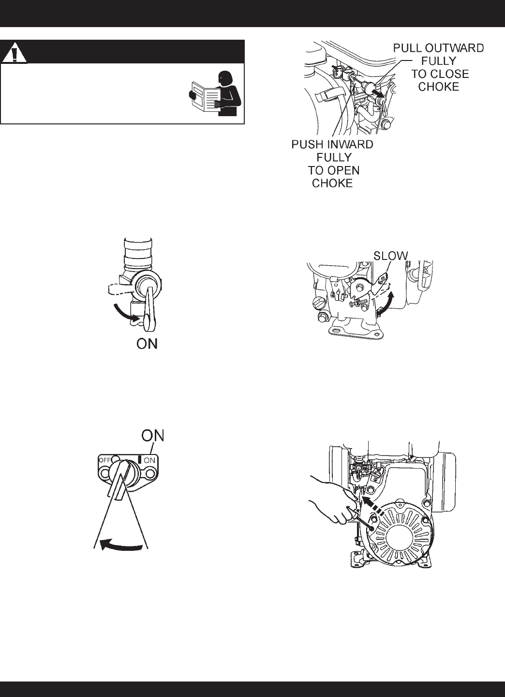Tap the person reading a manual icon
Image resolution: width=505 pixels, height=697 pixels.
point(214,93)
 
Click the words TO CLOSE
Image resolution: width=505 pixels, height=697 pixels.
point(440,74)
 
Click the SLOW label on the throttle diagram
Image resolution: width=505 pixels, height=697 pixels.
point(390,256)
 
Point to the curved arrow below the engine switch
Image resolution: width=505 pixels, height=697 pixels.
point(121,545)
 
